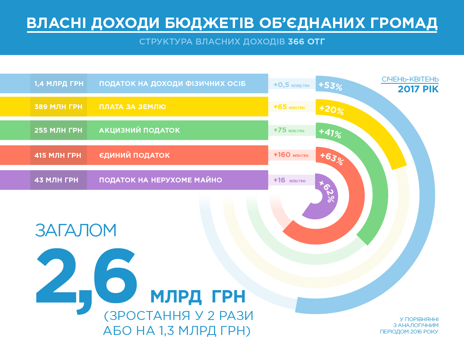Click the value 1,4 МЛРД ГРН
click(59, 84)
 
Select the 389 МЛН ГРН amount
click(58, 107)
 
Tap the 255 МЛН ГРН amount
click(58, 130)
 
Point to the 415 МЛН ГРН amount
click(58, 156)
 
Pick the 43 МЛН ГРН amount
click(57, 180)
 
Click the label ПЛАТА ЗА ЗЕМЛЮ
click(132, 107)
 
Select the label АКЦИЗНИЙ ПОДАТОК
click(140, 130)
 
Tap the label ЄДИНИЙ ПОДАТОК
click(134, 156)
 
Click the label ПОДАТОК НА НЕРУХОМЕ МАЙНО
click(161, 180)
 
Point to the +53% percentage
click(330, 86)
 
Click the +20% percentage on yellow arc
click(332, 110)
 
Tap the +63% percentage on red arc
click(332, 158)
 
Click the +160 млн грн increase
click(291, 155)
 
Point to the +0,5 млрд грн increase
click(291, 85)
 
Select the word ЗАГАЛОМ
click(76, 230)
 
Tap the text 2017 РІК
click(418, 89)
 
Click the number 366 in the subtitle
click(296, 41)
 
